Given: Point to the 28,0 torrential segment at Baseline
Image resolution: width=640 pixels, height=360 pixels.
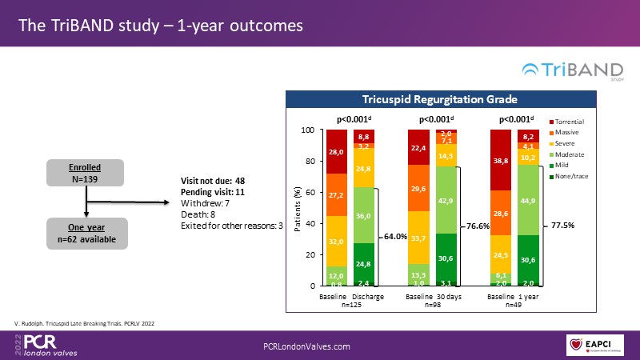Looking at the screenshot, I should [x=337, y=152].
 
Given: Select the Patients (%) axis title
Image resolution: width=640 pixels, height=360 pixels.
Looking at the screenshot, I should [x=298, y=208].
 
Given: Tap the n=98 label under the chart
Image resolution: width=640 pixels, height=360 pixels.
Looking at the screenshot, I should [x=432, y=306].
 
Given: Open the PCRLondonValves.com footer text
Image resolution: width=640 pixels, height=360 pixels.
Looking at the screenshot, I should [x=307, y=346].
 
